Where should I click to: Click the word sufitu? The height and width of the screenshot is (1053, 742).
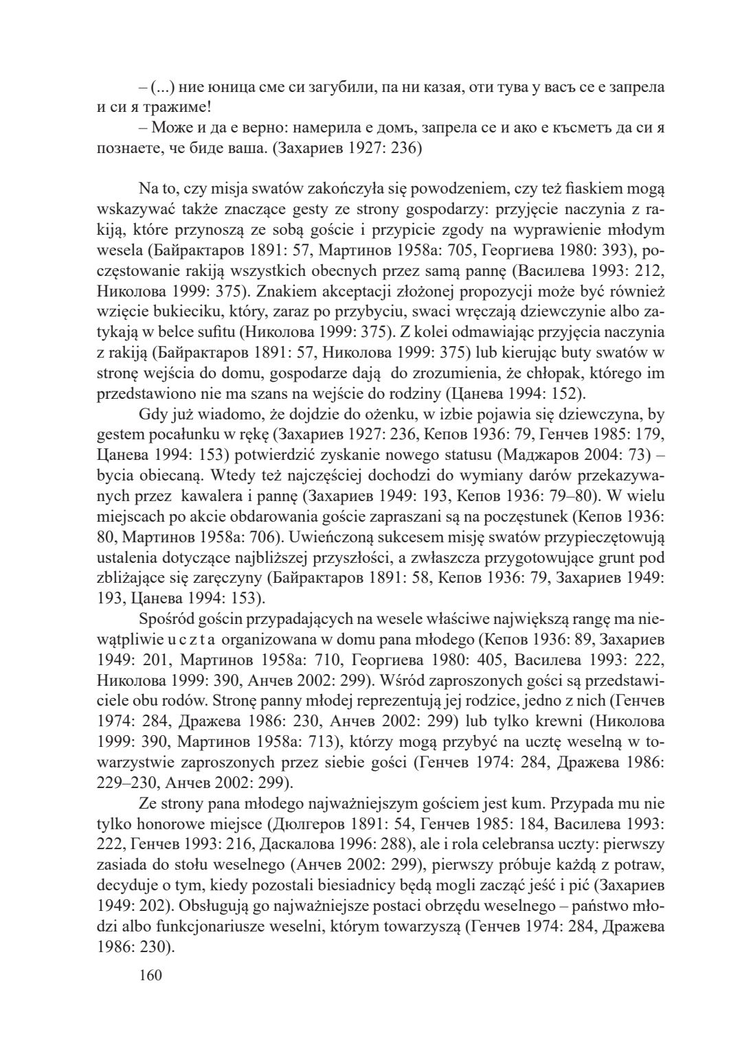(212, 333)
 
